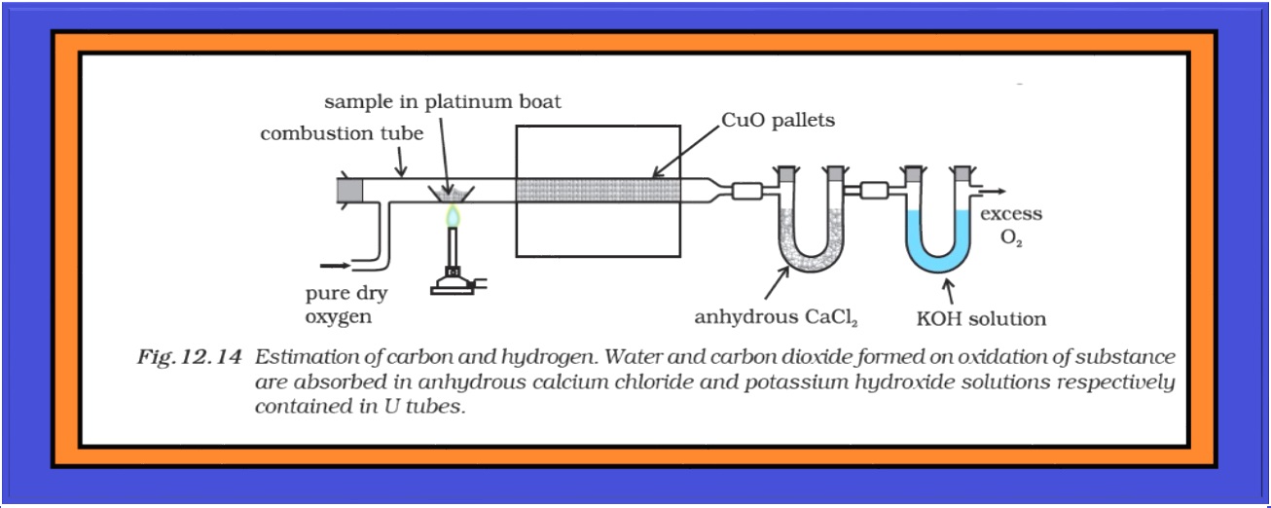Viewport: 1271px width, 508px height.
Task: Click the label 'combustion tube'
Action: pyautogui.click(x=342, y=134)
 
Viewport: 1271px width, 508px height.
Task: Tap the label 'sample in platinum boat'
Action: pyautogui.click(x=443, y=101)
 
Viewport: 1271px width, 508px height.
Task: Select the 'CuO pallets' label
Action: pyautogui.click(x=779, y=121)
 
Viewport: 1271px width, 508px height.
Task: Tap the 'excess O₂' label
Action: pyautogui.click(x=1010, y=224)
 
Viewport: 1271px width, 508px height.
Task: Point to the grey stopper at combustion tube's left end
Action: pyautogui.click(x=349, y=191)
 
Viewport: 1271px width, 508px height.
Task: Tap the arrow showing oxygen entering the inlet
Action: pyautogui.click(x=333, y=264)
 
